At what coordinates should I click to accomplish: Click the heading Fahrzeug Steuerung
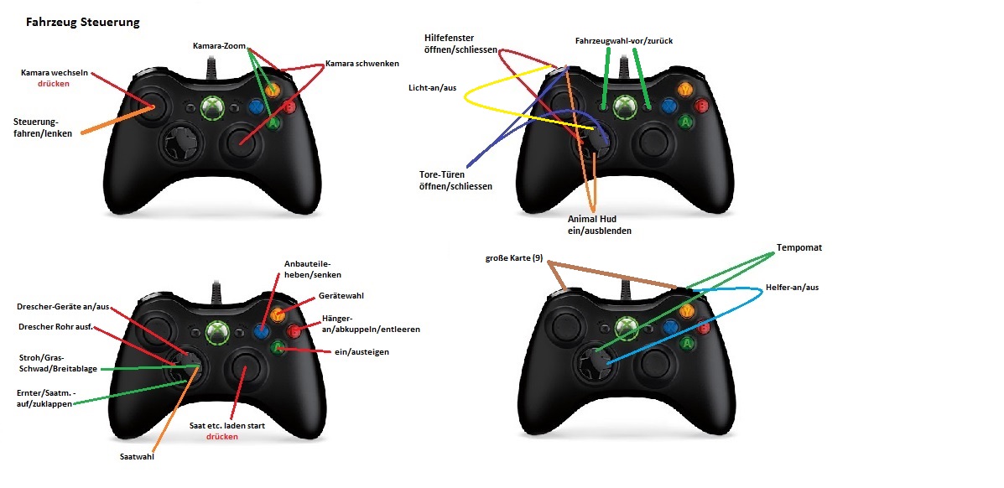click(82, 23)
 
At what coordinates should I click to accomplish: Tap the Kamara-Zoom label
click(219, 46)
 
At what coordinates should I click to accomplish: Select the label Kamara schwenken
click(362, 64)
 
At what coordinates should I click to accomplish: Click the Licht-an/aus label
click(432, 87)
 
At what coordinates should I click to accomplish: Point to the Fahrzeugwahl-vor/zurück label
click(624, 41)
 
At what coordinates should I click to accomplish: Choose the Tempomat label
click(799, 247)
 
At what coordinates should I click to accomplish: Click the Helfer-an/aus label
click(792, 288)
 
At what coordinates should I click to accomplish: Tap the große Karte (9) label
click(514, 258)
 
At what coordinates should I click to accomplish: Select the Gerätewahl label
click(341, 296)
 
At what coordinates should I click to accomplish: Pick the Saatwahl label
click(137, 457)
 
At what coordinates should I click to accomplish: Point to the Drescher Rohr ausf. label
click(55, 327)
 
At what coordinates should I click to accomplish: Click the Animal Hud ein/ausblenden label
click(600, 225)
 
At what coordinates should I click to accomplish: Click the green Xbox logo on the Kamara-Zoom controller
click(212, 107)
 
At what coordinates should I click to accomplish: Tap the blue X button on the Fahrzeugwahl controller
click(670, 106)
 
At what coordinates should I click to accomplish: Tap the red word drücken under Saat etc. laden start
click(222, 436)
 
